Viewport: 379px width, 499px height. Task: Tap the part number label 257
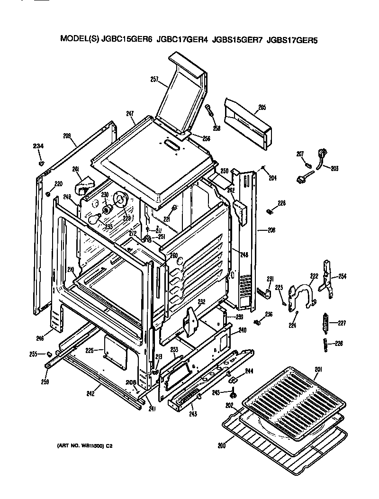(154, 80)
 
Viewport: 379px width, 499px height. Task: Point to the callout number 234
(38, 146)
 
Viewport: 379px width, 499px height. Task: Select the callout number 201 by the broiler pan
(317, 370)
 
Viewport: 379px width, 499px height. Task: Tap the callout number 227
(342, 324)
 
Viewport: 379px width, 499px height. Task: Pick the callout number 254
(342, 276)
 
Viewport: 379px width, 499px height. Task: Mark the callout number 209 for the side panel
(67, 136)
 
